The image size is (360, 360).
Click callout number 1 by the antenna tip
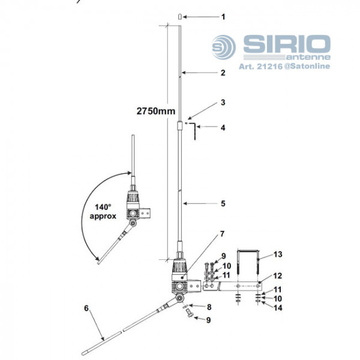click(223, 17)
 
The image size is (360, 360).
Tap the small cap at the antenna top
click(180, 17)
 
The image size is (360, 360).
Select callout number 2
click(223, 73)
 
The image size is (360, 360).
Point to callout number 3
click(223, 103)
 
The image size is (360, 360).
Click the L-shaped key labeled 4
click(194, 132)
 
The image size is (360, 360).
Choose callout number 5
click(223, 203)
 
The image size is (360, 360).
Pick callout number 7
click(223, 233)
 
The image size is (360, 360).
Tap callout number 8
click(208, 307)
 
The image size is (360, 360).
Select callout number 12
click(278, 276)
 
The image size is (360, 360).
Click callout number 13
click(278, 254)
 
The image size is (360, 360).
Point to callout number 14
click(278, 308)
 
